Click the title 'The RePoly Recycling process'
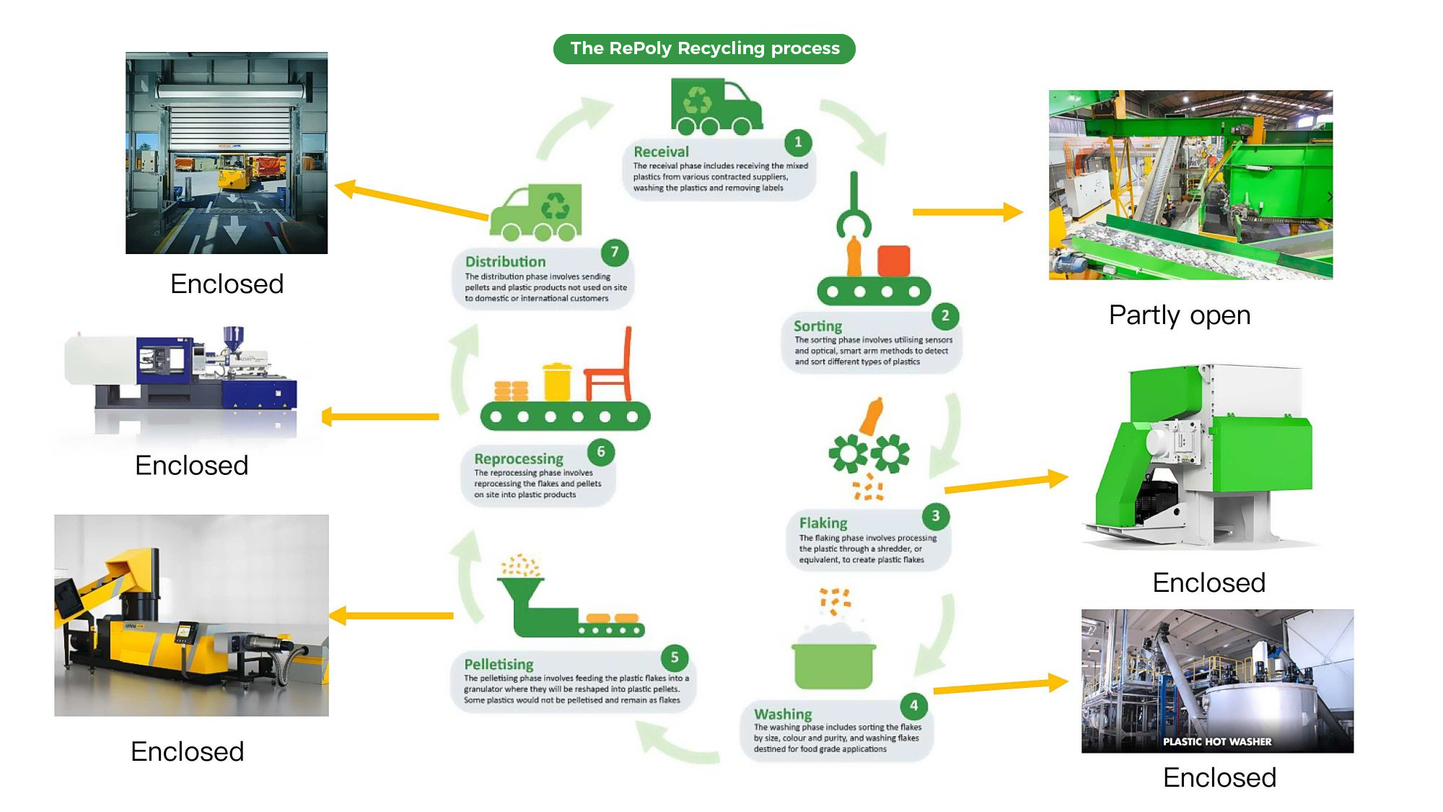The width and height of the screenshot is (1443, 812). tap(704, 48)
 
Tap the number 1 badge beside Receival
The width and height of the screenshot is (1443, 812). tap(797, 142)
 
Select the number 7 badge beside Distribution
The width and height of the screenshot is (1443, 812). tap(614, 252)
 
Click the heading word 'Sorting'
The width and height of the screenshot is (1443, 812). tap(817, 326)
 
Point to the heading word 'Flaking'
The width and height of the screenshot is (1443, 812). tap(823, 523)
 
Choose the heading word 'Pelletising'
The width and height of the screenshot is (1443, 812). tap(499, 664)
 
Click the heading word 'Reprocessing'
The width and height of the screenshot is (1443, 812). tap(518, 459)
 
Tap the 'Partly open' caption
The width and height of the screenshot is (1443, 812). tap(1179, 315)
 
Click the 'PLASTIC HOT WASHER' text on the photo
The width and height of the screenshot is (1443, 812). tap(1216, 741)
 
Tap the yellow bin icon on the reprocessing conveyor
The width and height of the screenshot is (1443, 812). tap(557, 382)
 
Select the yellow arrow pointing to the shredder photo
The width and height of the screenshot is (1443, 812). tap(1006, 484)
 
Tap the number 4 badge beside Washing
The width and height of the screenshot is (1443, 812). tap(913, 705)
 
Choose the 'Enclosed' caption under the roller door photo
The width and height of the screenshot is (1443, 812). tap(227, 284)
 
